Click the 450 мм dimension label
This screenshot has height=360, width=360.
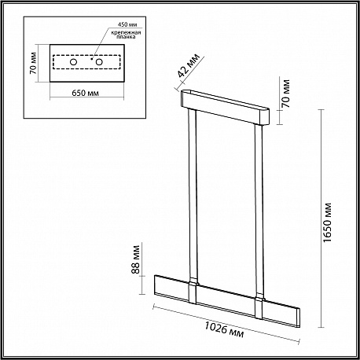127,24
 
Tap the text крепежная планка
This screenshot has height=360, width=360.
126,35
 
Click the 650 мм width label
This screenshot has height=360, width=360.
86,93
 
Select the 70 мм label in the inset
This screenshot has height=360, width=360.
33,63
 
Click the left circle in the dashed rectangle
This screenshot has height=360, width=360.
74,62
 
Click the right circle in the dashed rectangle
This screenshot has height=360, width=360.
99,62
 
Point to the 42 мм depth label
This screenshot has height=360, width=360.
189,65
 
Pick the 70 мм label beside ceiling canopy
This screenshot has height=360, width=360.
286,94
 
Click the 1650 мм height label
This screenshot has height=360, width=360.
327,222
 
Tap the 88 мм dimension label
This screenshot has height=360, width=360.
135,259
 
